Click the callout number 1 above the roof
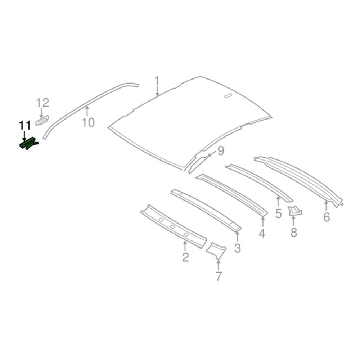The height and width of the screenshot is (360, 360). pyautogui.click(x=157, y=81)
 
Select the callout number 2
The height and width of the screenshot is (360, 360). pyautogui.click(x=185, y=257)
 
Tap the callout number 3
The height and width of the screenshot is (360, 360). pyautogui.click(x=237, y=248)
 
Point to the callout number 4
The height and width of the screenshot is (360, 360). pyautogui.click(x=262, y=233)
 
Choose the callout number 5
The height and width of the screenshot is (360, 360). pyautogui.click(x=278, y=214)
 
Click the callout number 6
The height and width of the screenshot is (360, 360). pyautogui.click(x=327, y=217)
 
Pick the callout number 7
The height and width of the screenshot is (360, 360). pyautogui.click(x=219, y=276)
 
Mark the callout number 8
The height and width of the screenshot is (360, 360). pyautogui.click(x=294, y=232)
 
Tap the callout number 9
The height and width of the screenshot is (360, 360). pyautogui.click(x=220, y=151)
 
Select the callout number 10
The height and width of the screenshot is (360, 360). pyautogui.click(x=89, y=122)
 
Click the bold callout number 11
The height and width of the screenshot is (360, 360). pyautogui.click(x=25, y=126)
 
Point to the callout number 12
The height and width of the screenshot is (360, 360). pyautogui.click(x=43, y=103)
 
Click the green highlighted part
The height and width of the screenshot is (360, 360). pyautogui.click(x=28, y=144)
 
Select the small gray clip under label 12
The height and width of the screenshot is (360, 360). pyautogui.click(x=42, y=121)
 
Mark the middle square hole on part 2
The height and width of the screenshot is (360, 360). pyautogui.click(x=172, y=227)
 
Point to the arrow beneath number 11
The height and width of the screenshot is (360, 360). pyautogui.click(x=24, y=136)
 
